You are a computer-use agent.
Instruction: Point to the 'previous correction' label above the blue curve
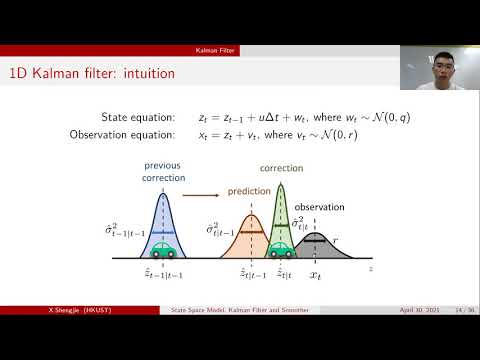[162, 171]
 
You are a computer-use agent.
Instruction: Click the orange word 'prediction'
[249, 190]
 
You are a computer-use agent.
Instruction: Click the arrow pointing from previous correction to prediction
[203, 182]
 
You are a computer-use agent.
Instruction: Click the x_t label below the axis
[314, 273]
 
